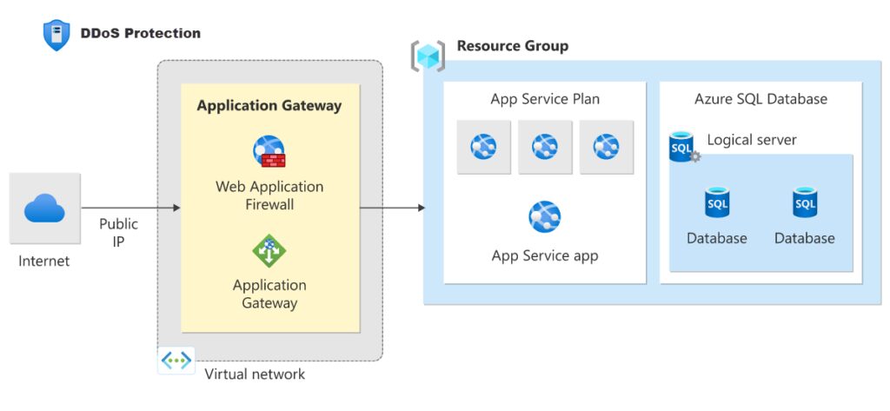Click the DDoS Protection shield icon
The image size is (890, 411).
56,35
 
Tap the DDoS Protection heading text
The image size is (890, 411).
140,34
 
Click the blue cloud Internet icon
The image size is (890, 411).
44,209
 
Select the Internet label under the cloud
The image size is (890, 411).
44,261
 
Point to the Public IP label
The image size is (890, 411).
118,232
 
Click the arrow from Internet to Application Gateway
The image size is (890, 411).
130,209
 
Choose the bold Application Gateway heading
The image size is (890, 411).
269,106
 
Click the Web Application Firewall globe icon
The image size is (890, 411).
269,151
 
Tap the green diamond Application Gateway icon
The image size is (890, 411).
269,251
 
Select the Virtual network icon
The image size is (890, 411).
176,360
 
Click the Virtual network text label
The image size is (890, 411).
255,375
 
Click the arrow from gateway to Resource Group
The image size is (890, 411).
392,209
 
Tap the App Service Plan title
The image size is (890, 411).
545,99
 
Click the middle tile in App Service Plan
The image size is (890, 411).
545,147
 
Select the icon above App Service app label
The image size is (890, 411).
545,216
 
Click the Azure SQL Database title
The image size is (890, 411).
760,99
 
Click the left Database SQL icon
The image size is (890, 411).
717,202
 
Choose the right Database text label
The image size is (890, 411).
805,238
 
